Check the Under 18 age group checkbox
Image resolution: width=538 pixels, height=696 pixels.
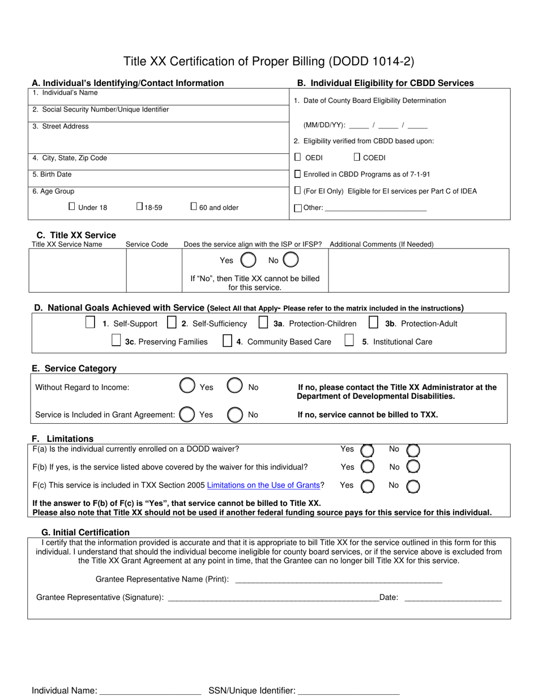(72, 207)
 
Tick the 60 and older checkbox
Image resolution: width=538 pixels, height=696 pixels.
(194, 207)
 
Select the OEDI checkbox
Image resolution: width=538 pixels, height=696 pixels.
(298, 157)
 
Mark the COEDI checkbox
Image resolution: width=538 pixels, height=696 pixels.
(357, 157)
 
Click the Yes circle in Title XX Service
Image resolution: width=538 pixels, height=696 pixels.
(248, 260)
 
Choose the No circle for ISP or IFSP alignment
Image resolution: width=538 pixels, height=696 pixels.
(291, 260)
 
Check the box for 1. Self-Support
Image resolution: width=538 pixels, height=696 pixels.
(90, 323)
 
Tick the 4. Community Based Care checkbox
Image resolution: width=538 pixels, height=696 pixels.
(227, 341)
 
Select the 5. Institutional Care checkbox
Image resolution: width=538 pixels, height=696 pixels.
(350, 341)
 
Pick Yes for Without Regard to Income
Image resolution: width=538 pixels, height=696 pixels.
(187, 386)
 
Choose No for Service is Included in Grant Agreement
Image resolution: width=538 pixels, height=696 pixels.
(235, 415)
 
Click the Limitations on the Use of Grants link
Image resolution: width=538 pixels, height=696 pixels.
(263, 485)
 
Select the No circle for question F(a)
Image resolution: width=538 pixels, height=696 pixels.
(413, 450)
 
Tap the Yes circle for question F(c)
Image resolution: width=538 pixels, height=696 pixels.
(368, 486)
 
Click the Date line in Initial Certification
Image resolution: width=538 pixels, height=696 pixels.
(453, 597)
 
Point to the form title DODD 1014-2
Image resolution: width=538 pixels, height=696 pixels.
(269, 61)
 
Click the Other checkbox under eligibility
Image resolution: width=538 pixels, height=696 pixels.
(298, 208)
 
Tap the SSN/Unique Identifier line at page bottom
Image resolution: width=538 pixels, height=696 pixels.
(348, 690)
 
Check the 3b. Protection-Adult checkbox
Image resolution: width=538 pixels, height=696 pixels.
(373, 323)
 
